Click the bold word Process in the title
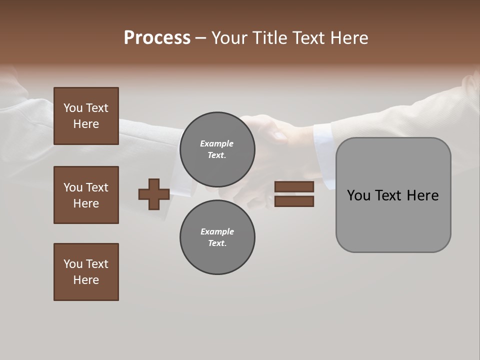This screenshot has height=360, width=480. (157, 38)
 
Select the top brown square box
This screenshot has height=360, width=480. (86, 116)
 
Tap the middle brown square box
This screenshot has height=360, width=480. (86, 195)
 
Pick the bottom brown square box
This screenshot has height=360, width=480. (86, 272)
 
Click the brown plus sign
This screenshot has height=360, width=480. (154, 194)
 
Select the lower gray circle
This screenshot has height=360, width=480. (217, 237)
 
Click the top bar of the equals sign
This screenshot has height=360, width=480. (294, 186)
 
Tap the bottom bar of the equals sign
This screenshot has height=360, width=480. (294, 201)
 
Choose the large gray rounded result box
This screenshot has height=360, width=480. (393, 195)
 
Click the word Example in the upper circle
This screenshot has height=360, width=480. (217, 143)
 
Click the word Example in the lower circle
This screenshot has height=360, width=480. (217, 231)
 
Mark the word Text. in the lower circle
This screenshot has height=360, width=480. (217, 243)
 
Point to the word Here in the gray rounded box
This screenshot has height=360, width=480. (422, 195)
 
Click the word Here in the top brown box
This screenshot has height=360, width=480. (86, 124)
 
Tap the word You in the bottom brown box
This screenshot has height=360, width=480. (73, 264)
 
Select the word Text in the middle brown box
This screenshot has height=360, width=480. (97, 187)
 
